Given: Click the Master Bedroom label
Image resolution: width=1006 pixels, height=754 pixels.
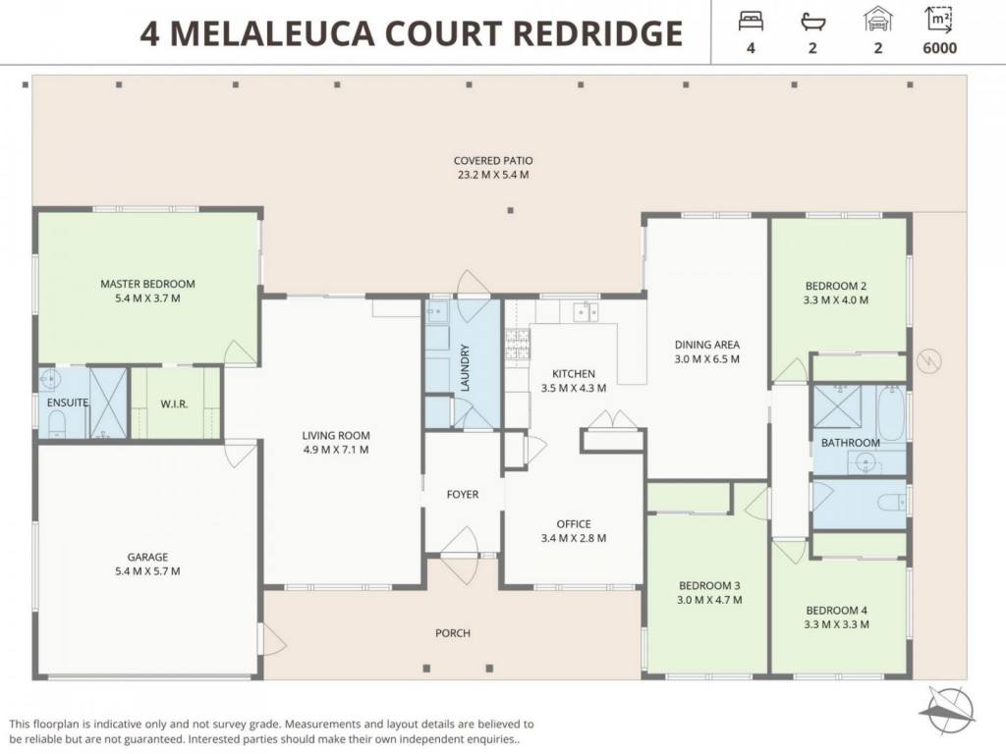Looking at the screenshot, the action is pos(147,284).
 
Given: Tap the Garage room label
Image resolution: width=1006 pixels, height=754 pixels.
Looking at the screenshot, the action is pos(147,558).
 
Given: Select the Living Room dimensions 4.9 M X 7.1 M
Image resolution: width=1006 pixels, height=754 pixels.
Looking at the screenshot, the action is pos(336,450).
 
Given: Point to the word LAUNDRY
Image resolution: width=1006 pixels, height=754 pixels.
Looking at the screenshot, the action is pos(465,367).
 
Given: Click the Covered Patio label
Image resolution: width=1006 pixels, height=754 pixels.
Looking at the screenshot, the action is pos(493,161).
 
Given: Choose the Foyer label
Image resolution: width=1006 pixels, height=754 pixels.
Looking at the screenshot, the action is pos(463,495).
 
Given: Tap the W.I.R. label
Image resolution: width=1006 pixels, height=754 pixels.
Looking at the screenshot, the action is pos(174,404).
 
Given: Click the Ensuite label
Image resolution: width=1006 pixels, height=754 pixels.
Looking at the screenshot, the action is pos(68,403).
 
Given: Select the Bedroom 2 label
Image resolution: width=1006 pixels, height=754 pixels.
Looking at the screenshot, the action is pos(836,286).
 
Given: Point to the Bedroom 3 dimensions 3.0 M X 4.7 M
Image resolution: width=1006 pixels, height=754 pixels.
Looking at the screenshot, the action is pos(709,600).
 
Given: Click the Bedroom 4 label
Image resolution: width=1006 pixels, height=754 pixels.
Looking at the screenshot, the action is pos(837,611).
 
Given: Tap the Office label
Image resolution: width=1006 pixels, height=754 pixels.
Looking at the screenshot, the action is pos(574,524).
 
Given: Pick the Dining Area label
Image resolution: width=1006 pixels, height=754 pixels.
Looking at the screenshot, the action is pos(707,345).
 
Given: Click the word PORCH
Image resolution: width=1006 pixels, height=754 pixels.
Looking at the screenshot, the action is pos(453,633).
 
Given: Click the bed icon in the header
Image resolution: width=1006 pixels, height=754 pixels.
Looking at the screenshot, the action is pos(751,21).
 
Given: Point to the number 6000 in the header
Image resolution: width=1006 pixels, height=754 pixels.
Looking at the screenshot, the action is pos(939,48).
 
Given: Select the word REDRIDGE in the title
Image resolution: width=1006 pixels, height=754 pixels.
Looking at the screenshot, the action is pos(598,33).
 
